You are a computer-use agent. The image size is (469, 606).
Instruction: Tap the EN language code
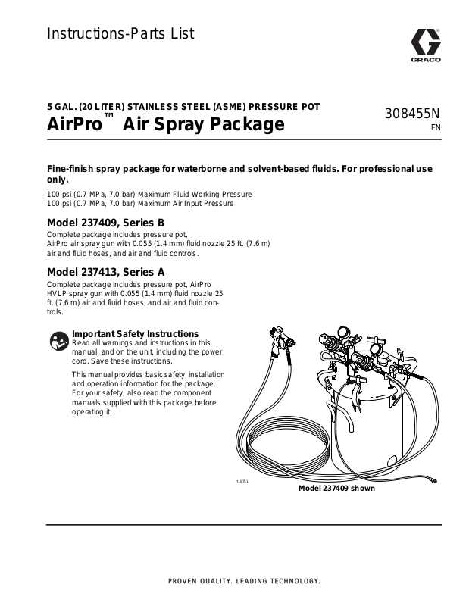[x=435, y=128]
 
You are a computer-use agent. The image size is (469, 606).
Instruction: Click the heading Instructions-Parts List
[x=120, y=33]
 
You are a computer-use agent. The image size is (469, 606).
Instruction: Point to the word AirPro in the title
[x=73, y=123]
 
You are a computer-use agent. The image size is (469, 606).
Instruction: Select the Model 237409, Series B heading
[x=105, y=223]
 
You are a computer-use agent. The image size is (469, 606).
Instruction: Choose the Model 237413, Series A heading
[x=105, y=271]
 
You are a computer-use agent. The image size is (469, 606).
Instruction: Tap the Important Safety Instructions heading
[x=135, y=333]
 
